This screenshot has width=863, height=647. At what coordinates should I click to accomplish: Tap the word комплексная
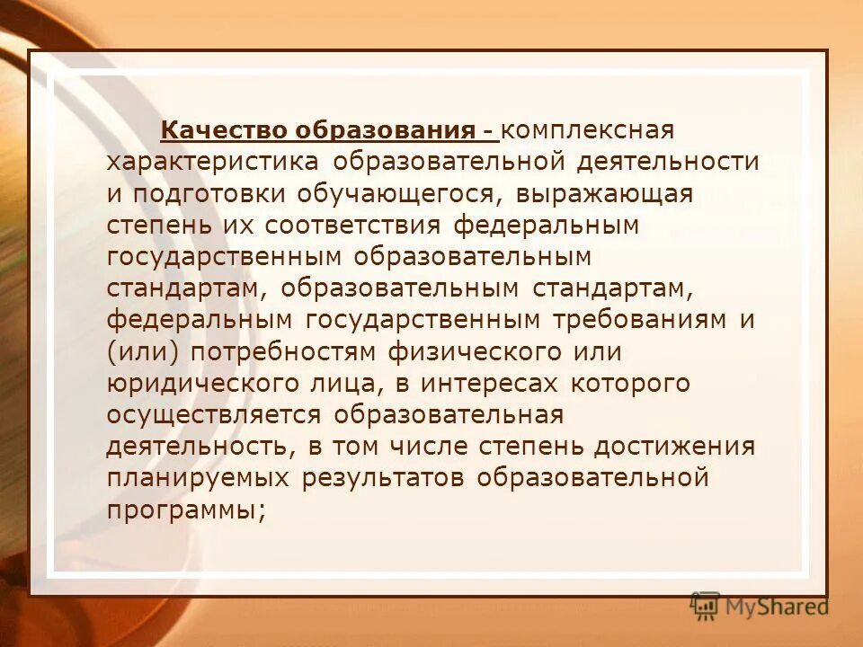click(588, 131)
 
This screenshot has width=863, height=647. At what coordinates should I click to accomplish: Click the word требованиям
click(636, 320)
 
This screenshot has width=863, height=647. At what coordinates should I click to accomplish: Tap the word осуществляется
click(214, 415)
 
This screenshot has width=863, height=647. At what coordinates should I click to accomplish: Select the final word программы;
click(187, 510)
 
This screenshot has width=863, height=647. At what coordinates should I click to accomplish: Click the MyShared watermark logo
click(760, 606)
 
